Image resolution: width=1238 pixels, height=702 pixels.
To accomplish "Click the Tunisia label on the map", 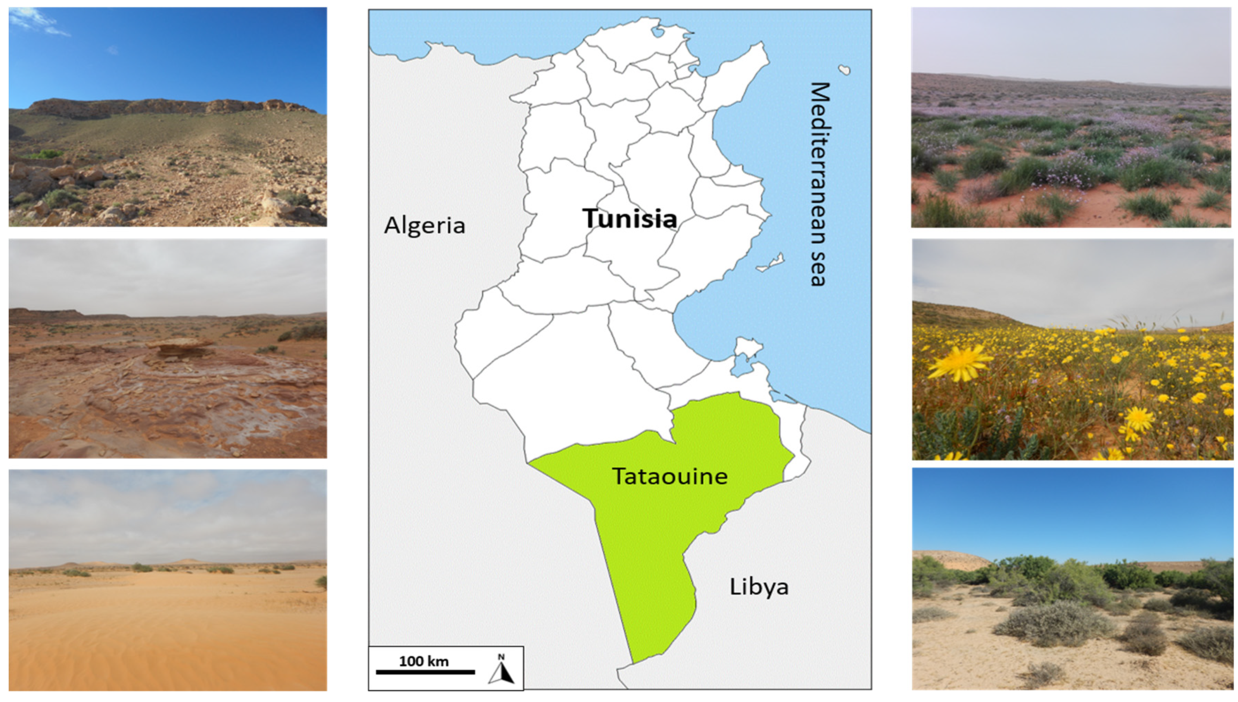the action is [x=630, y=218].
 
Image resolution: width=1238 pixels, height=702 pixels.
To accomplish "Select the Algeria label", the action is [x=424, y=225].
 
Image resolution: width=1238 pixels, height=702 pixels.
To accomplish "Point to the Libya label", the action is [x=759, y=587].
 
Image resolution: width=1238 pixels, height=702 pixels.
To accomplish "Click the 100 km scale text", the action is [x=423, y=661].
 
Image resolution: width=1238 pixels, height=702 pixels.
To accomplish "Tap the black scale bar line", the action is [x=425, y=671].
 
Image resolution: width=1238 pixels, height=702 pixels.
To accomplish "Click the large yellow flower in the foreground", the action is [x=959, y=363].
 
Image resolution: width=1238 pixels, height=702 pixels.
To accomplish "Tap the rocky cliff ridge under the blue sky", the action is [x=164, y=106].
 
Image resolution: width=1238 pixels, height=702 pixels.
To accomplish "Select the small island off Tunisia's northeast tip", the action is [x=844, y=69].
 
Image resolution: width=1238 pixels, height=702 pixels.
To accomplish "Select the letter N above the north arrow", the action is [x=501, y=657].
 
